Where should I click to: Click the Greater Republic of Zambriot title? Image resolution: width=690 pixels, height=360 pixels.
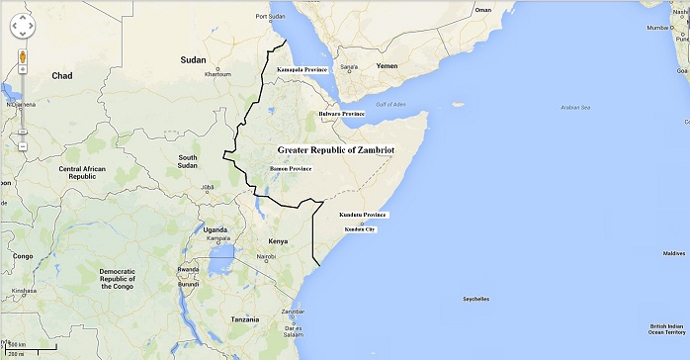(x=335, y=149)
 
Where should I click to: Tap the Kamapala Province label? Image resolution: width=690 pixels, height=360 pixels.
(x=302, y=70)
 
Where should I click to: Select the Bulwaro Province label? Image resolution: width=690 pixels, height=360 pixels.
(x=341, y=114)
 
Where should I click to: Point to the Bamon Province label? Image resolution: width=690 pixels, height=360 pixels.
(x=291, y=169)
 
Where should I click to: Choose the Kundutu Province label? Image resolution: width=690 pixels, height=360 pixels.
(x=363, y=215)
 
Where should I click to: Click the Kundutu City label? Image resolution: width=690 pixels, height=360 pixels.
(x=360, y=229)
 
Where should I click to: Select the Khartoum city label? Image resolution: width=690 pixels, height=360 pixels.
(x=217, y=74)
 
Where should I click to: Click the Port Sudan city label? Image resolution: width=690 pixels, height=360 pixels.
(x=271, y=17)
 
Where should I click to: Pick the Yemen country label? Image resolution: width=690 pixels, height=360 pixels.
(x=386, y=66)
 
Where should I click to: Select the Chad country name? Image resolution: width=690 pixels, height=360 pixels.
(x=62, y=75)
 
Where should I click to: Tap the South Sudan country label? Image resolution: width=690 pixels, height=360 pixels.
(x=188, y=162)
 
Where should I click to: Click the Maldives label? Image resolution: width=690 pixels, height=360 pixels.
(x=673, y=253)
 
